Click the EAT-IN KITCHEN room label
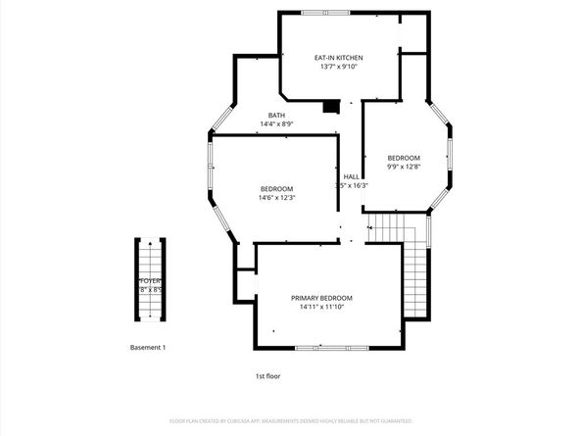point(311,58)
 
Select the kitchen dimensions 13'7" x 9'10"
point(311,68)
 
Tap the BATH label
point(277,116)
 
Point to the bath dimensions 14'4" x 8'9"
point(277,124)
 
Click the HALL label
point(351,176)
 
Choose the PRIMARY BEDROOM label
point(321,298)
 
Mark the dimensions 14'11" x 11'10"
point(321,308)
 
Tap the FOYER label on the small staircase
point(149,280)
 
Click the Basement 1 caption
point(149,348)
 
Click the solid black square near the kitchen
point(331,106)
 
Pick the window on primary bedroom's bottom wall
point(331,349)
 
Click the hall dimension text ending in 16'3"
point(352,185)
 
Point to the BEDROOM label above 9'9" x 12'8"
point(403,159)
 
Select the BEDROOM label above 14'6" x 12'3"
point(276,189)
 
